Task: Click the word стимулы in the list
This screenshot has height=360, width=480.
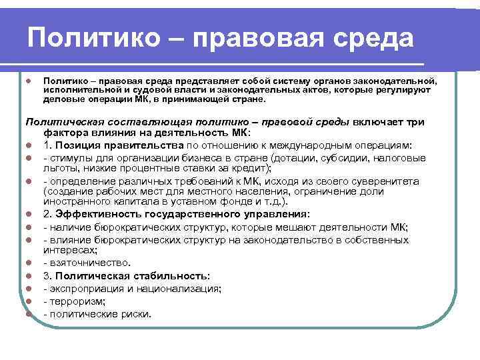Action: (x=71, y=158)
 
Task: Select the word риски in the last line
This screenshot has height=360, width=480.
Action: (x=134, y=313)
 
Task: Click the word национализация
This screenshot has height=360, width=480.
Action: (x=185, y=289)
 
